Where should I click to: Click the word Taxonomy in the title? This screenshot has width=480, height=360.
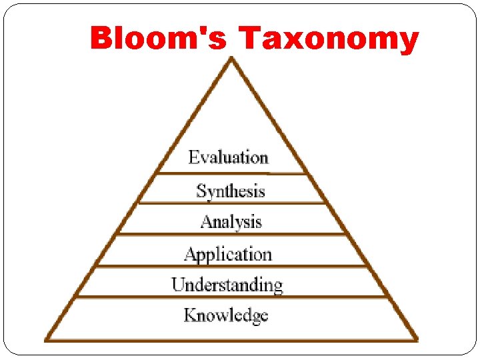click(x=329, y=40)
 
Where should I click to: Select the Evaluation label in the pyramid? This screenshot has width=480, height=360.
click(x=228, y=158)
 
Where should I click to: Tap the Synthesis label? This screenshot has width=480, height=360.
click(x=231, y=191)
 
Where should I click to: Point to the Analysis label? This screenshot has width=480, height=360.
click(x=231, y=221)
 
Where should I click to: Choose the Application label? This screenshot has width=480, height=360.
click(x=228, y=254)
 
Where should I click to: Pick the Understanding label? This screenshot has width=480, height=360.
click(x=227, y=285)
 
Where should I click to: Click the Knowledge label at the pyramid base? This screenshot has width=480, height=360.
click(x=226, y=315)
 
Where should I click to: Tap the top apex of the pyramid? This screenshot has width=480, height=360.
click(x=231, y=59)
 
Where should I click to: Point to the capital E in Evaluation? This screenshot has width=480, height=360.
click(x=193, y=157)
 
